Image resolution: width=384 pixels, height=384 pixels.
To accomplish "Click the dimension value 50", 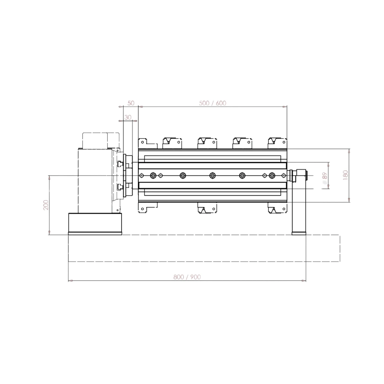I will (131, 103).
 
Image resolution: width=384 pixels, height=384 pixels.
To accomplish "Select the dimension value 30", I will (128, 117).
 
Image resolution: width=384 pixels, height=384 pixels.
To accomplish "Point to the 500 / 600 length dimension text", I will (213, 103).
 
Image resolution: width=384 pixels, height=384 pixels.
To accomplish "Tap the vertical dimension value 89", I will (324, 175).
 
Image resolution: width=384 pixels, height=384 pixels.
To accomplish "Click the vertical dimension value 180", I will (346, 175).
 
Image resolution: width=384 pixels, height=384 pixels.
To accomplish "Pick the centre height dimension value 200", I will (46, 205).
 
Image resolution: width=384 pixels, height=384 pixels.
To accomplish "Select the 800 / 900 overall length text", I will (187, 277).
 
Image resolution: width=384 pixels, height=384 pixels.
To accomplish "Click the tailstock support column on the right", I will (299, 206).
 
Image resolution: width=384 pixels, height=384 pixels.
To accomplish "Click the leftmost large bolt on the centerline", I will (153, 175).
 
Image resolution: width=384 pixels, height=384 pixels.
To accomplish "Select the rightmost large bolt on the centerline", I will (272, 175).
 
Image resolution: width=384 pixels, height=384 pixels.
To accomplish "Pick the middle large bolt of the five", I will (213, 175).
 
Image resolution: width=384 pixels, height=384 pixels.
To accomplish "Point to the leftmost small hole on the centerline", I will (142, 175).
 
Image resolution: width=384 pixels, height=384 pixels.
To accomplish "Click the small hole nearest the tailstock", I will (283, 175).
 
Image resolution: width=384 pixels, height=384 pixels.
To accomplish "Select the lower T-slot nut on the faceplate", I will (120, 187).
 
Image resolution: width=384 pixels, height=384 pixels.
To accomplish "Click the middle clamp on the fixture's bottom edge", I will (207, 209).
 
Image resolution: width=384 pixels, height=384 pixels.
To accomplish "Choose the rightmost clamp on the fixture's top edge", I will (277, 142).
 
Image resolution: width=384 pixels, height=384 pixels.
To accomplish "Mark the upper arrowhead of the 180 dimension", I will (350, 151).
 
